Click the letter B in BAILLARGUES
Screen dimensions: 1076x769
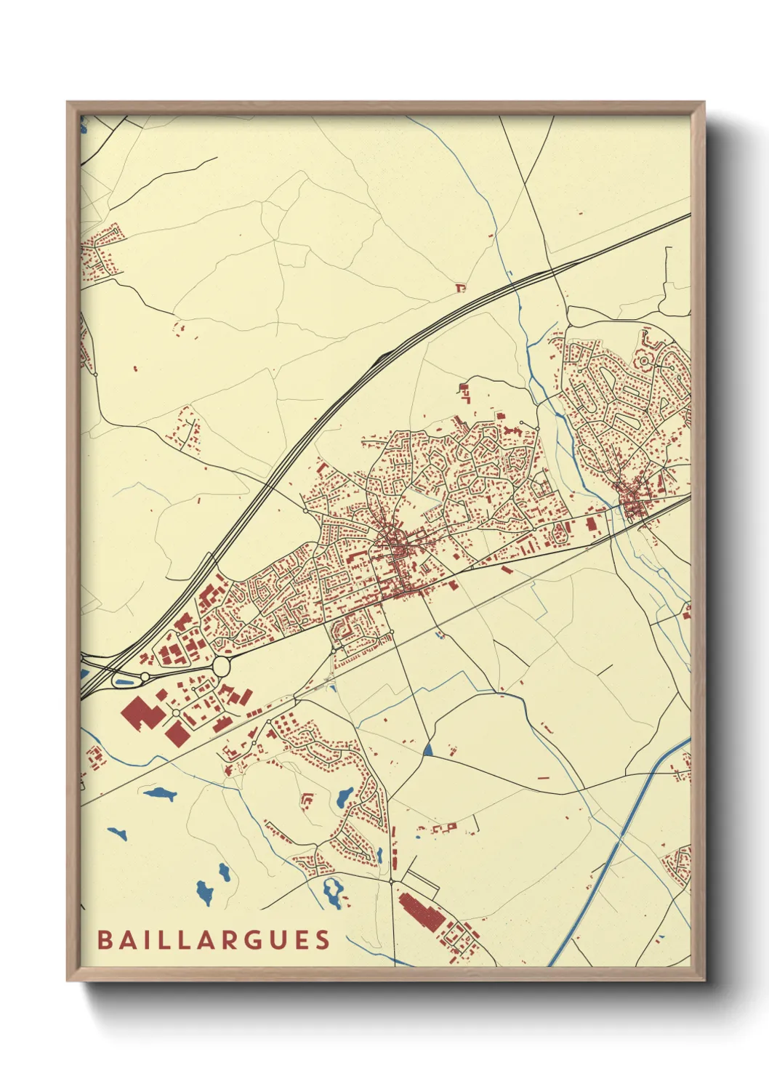click(x=104, y=940)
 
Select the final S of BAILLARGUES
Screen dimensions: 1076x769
click(x=323, y=940)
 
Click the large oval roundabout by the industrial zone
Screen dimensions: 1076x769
click(x=222, y=665)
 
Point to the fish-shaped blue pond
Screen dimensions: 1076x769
click(x=160, y=793)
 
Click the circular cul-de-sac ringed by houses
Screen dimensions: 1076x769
click(x=643, y=360)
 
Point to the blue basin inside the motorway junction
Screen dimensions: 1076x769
click(x=124, y=682)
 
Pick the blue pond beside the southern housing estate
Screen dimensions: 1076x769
click(x=344, y=797)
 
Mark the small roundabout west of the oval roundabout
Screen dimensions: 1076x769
click(x=145, y=677)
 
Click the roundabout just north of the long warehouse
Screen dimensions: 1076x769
click(x=391, y=881)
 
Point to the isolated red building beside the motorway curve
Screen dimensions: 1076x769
click(x=459, y=288)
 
